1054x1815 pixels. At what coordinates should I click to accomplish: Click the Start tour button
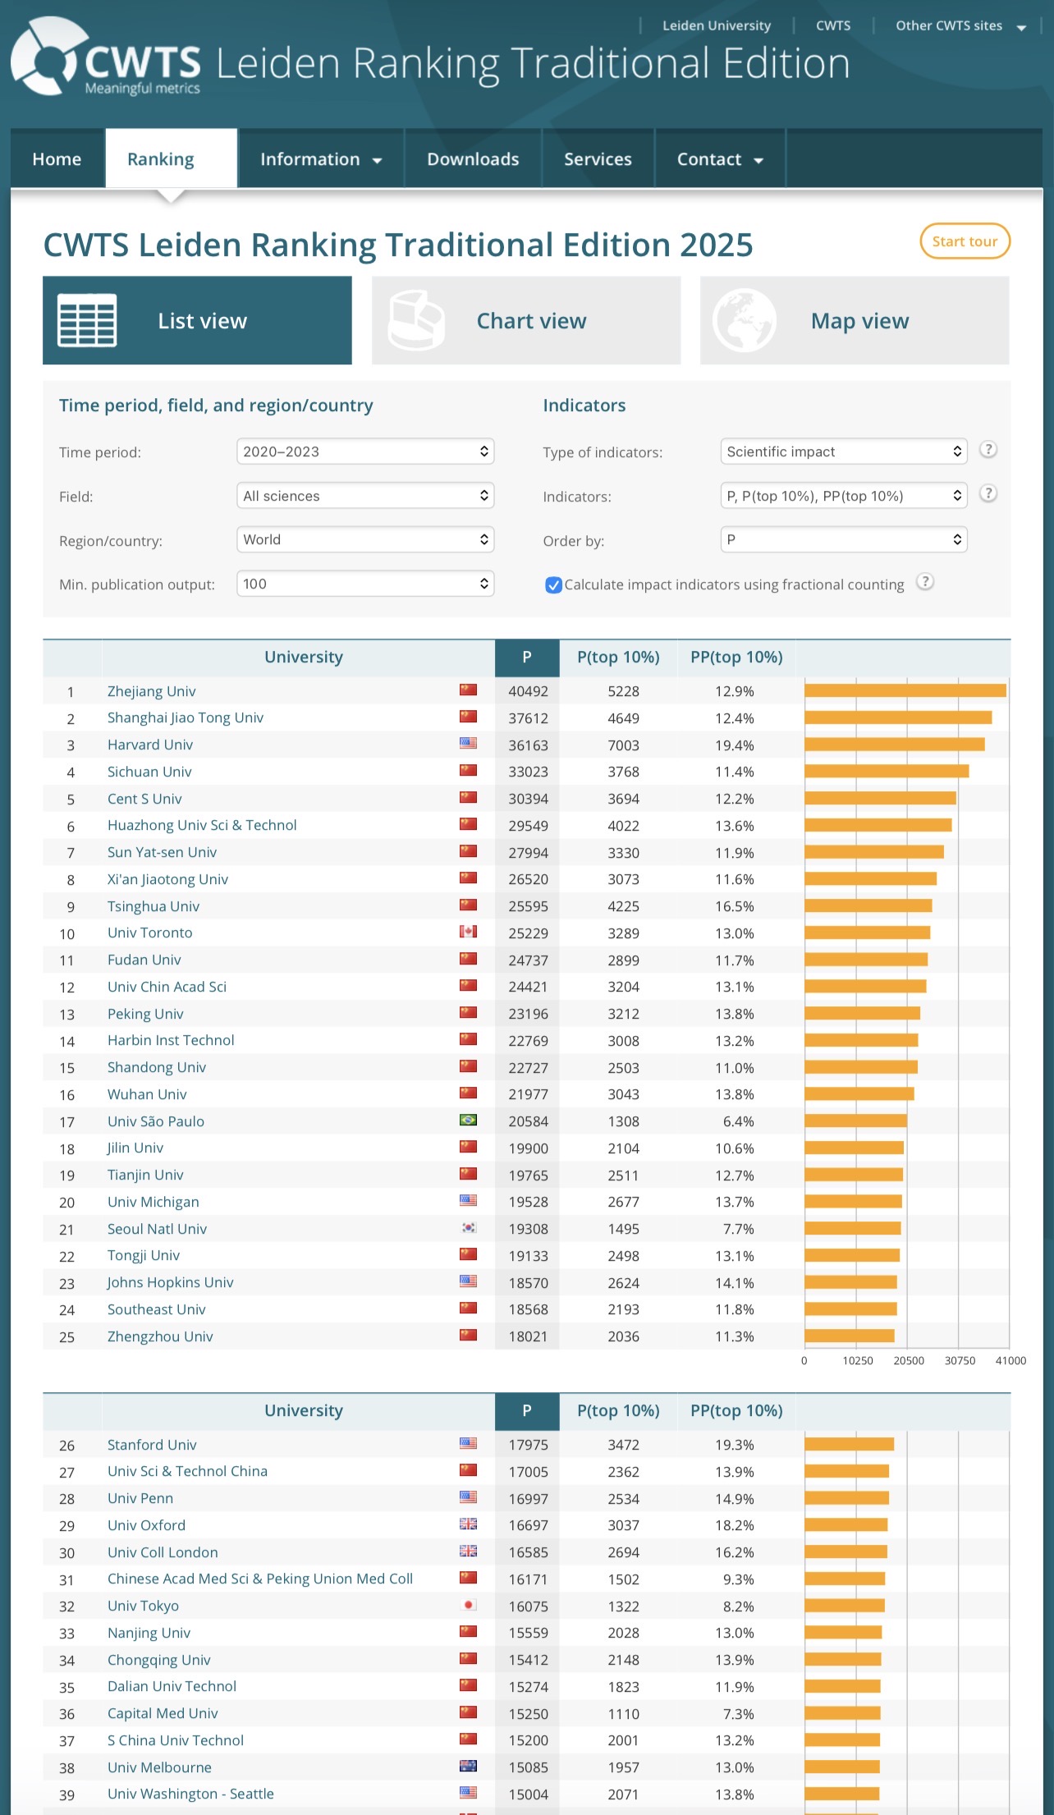(x=965, y=241)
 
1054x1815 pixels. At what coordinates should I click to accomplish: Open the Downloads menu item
(x=473, y=159)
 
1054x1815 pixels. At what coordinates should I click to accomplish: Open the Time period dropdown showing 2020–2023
(x=365, y=451)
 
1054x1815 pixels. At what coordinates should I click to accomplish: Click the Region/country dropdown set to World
(x=365, y=539)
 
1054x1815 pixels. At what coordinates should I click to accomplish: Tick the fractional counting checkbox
(x=554, y=584)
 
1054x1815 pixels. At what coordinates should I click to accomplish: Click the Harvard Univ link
(x=150, y=745)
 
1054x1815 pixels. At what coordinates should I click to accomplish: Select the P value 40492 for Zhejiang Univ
(x=528, y=691)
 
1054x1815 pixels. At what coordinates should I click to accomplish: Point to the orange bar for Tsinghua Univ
(x=868, y=905)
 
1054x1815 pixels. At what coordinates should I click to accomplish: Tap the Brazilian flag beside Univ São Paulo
(x=468, y=1121)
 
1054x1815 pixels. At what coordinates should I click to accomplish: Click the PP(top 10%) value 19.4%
(x=734, y=745)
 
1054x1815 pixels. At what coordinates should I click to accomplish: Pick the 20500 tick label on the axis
(x=909, y=1360)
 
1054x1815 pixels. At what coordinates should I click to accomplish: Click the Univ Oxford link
(x=146, y=1525)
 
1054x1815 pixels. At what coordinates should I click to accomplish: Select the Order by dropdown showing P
(x=844, y=539)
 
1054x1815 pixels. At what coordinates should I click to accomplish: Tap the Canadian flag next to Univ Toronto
(x=468, y=932)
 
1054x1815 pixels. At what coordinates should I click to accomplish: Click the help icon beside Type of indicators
(x=988, y=450)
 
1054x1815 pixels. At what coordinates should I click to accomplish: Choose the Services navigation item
(x=598, y=159)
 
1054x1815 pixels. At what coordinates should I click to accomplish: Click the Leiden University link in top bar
(x=717, y=25)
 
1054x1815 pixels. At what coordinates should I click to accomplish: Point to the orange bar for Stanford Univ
(x=849, y=1444)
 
